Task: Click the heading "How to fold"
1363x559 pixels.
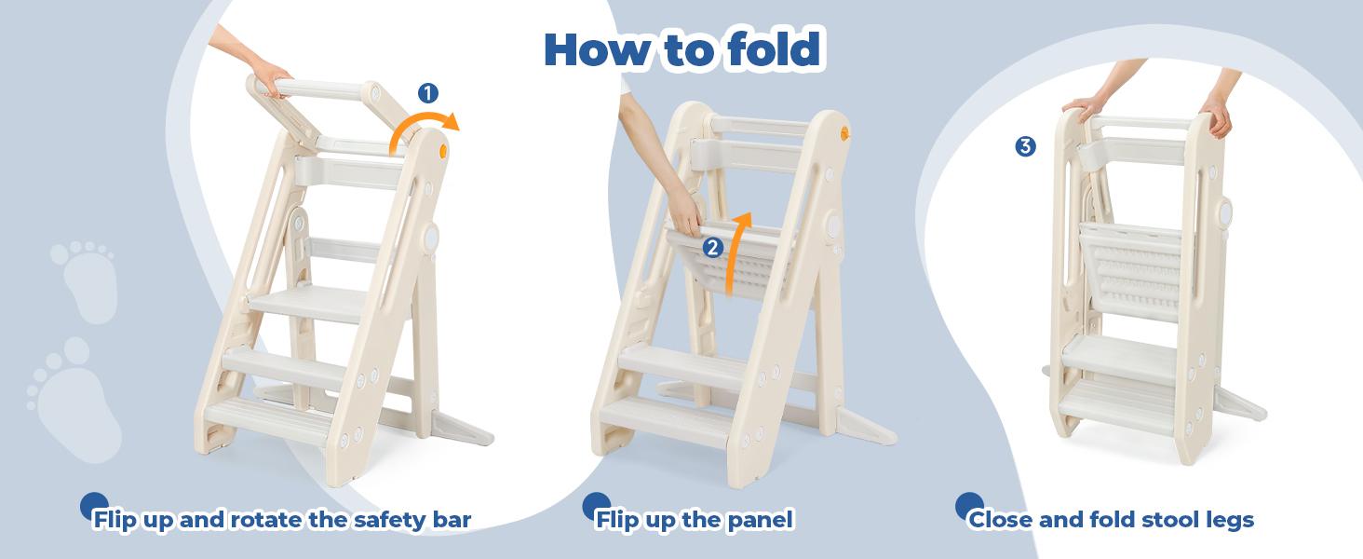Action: [681, 49]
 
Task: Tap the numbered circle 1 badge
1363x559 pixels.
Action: [428, 92]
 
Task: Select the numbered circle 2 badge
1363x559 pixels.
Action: [712, 247]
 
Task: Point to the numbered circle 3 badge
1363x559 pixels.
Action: [1025, 146]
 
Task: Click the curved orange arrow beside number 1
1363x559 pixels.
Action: [424, 130]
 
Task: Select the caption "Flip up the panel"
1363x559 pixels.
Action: [694, 519]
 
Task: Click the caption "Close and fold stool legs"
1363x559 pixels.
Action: [1111, 519]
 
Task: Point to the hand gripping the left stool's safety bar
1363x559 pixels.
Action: [269, 82]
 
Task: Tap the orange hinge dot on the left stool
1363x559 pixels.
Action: [443, 150]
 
